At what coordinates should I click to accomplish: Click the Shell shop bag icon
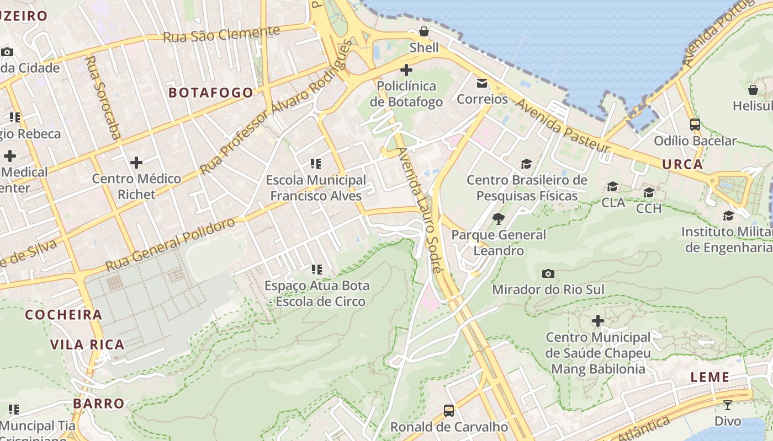tap(423, 31)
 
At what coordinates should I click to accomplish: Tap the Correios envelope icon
tap(482, 83)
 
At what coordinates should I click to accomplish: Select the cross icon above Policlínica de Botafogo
tap(406, 70)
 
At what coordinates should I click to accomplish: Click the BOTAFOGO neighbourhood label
tap(211, 93)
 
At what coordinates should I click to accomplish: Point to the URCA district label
tap(682, 164)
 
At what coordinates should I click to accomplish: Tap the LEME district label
tap(710, 378)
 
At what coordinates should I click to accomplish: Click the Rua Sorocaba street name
tap(103, 97)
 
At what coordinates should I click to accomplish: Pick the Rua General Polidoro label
tap(170, 244)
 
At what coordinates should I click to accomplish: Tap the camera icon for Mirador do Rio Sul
tap(548, 273)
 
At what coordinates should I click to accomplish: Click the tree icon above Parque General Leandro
tap(499, 219)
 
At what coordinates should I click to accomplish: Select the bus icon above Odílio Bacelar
tap(695, 125)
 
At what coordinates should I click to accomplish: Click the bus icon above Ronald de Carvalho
tap(449, 411)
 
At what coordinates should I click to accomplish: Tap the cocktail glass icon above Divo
tap(728, 405)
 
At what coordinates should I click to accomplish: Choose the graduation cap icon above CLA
tap(612, 187)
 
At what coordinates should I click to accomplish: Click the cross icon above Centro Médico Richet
tap(136, 163)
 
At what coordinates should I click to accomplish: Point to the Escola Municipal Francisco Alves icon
tap(316, 164)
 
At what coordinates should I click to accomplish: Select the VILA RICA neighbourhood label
tap(87, 345)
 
